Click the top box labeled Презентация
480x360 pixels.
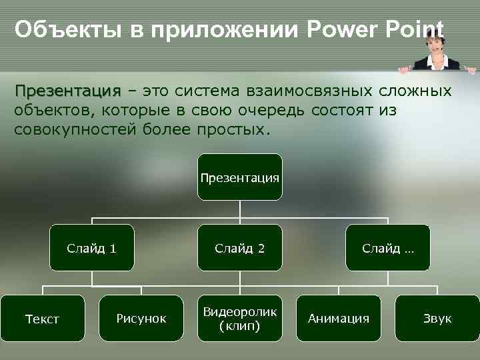(239, 177)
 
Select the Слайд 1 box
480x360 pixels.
(91, 249)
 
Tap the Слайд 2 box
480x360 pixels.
(239, 249)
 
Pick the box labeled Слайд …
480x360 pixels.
(387, 249)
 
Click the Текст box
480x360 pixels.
(42, 319)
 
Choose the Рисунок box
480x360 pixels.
(141, 319)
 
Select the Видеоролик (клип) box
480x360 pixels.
(239, 319)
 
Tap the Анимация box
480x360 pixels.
(338, 319)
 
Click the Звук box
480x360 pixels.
(437, 319)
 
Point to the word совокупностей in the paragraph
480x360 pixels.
(76, 128)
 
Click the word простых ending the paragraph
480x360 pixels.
(233, 128)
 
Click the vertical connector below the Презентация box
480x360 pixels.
(239, 209)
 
